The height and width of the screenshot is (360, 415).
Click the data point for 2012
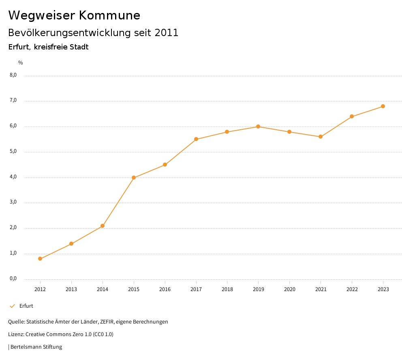[x=40, y=259]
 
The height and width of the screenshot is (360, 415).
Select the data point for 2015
[x=134, y=178]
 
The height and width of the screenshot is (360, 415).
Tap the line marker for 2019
[x=258, y=126]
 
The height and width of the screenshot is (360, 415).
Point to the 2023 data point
[x=383, y=106]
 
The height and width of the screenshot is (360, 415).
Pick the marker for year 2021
[x=321, y=137]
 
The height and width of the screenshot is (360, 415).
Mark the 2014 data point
[x=103, y=226]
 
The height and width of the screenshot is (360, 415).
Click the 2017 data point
[x=196, y=139]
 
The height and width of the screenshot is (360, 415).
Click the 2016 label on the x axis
[x=165, y=289]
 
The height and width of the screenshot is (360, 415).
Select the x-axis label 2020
[x=290, y=289]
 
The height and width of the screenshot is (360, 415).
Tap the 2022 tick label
[x=352, y=289]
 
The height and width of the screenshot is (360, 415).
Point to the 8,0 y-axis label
[x=13, y=75]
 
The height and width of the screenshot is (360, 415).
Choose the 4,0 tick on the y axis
[x=13, y=177]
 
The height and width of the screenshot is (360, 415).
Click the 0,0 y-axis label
[x=13, y=279]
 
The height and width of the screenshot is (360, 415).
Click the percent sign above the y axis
[x=21, y=63]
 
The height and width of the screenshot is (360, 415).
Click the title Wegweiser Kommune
[x=74, y=15]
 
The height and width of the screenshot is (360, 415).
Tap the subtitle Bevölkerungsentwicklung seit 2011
[x=93, y=33]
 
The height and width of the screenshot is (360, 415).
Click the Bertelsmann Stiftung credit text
[x=36, y=347]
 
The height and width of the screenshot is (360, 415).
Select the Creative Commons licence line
[x=61, y=334]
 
